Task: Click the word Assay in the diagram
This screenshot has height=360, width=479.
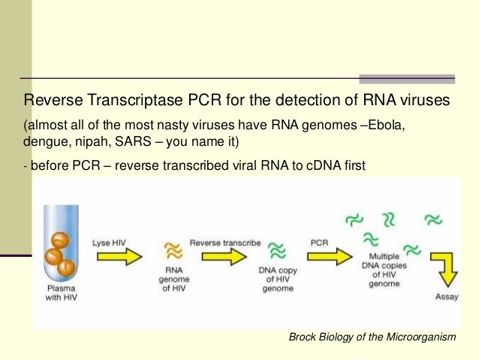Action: coord(447,296)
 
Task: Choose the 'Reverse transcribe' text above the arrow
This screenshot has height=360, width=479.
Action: coord(225,243)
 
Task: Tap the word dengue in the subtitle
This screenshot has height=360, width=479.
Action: coord(44,141)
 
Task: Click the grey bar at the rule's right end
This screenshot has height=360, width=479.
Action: coord(407,78)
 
